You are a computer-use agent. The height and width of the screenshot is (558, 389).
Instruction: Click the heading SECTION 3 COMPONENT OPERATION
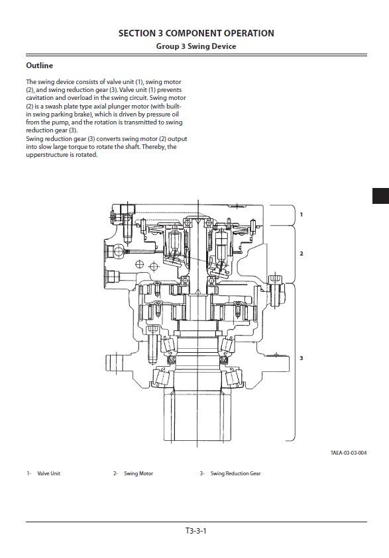point(196,34)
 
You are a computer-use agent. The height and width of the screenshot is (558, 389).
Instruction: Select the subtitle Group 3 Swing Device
point(196,46)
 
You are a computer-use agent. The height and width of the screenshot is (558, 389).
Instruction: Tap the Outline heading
point(40,66)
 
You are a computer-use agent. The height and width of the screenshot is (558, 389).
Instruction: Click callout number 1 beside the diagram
point(302,214)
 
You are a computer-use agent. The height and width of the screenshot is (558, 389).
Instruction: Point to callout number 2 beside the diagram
point(302,254)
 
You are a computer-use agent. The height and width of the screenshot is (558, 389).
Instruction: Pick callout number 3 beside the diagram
point(302,358)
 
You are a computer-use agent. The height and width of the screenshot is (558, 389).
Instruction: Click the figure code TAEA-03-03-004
point(349,453)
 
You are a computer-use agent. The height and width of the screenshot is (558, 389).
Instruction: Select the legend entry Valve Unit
point(49,474)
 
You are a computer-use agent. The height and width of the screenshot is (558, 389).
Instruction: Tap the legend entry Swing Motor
point(139,474)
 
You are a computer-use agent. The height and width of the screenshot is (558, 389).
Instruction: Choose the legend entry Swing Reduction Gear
point(235,474)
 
